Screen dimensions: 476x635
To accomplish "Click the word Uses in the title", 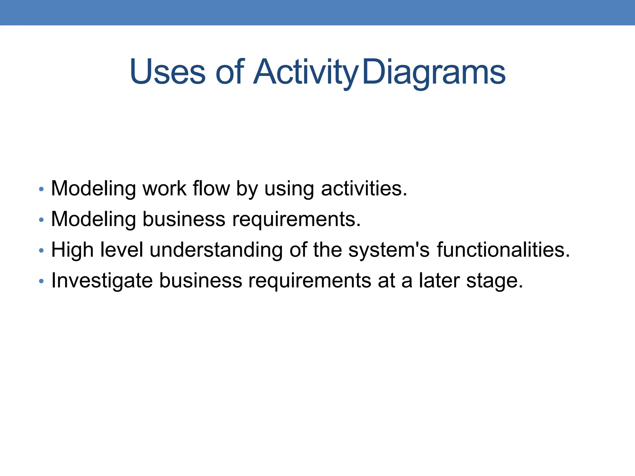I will (x=167, y=72).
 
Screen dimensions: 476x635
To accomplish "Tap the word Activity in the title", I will (x=306, y=72).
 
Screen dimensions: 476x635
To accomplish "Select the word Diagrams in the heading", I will (x=433, y=72).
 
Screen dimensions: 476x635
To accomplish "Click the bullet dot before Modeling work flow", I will (x=41, y=189).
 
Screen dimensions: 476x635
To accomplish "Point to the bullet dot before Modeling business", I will (x=41, y=220).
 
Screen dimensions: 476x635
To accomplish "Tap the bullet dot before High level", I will (x=41, y=250).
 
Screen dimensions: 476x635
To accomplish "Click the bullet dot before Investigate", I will (x=41, y=281).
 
